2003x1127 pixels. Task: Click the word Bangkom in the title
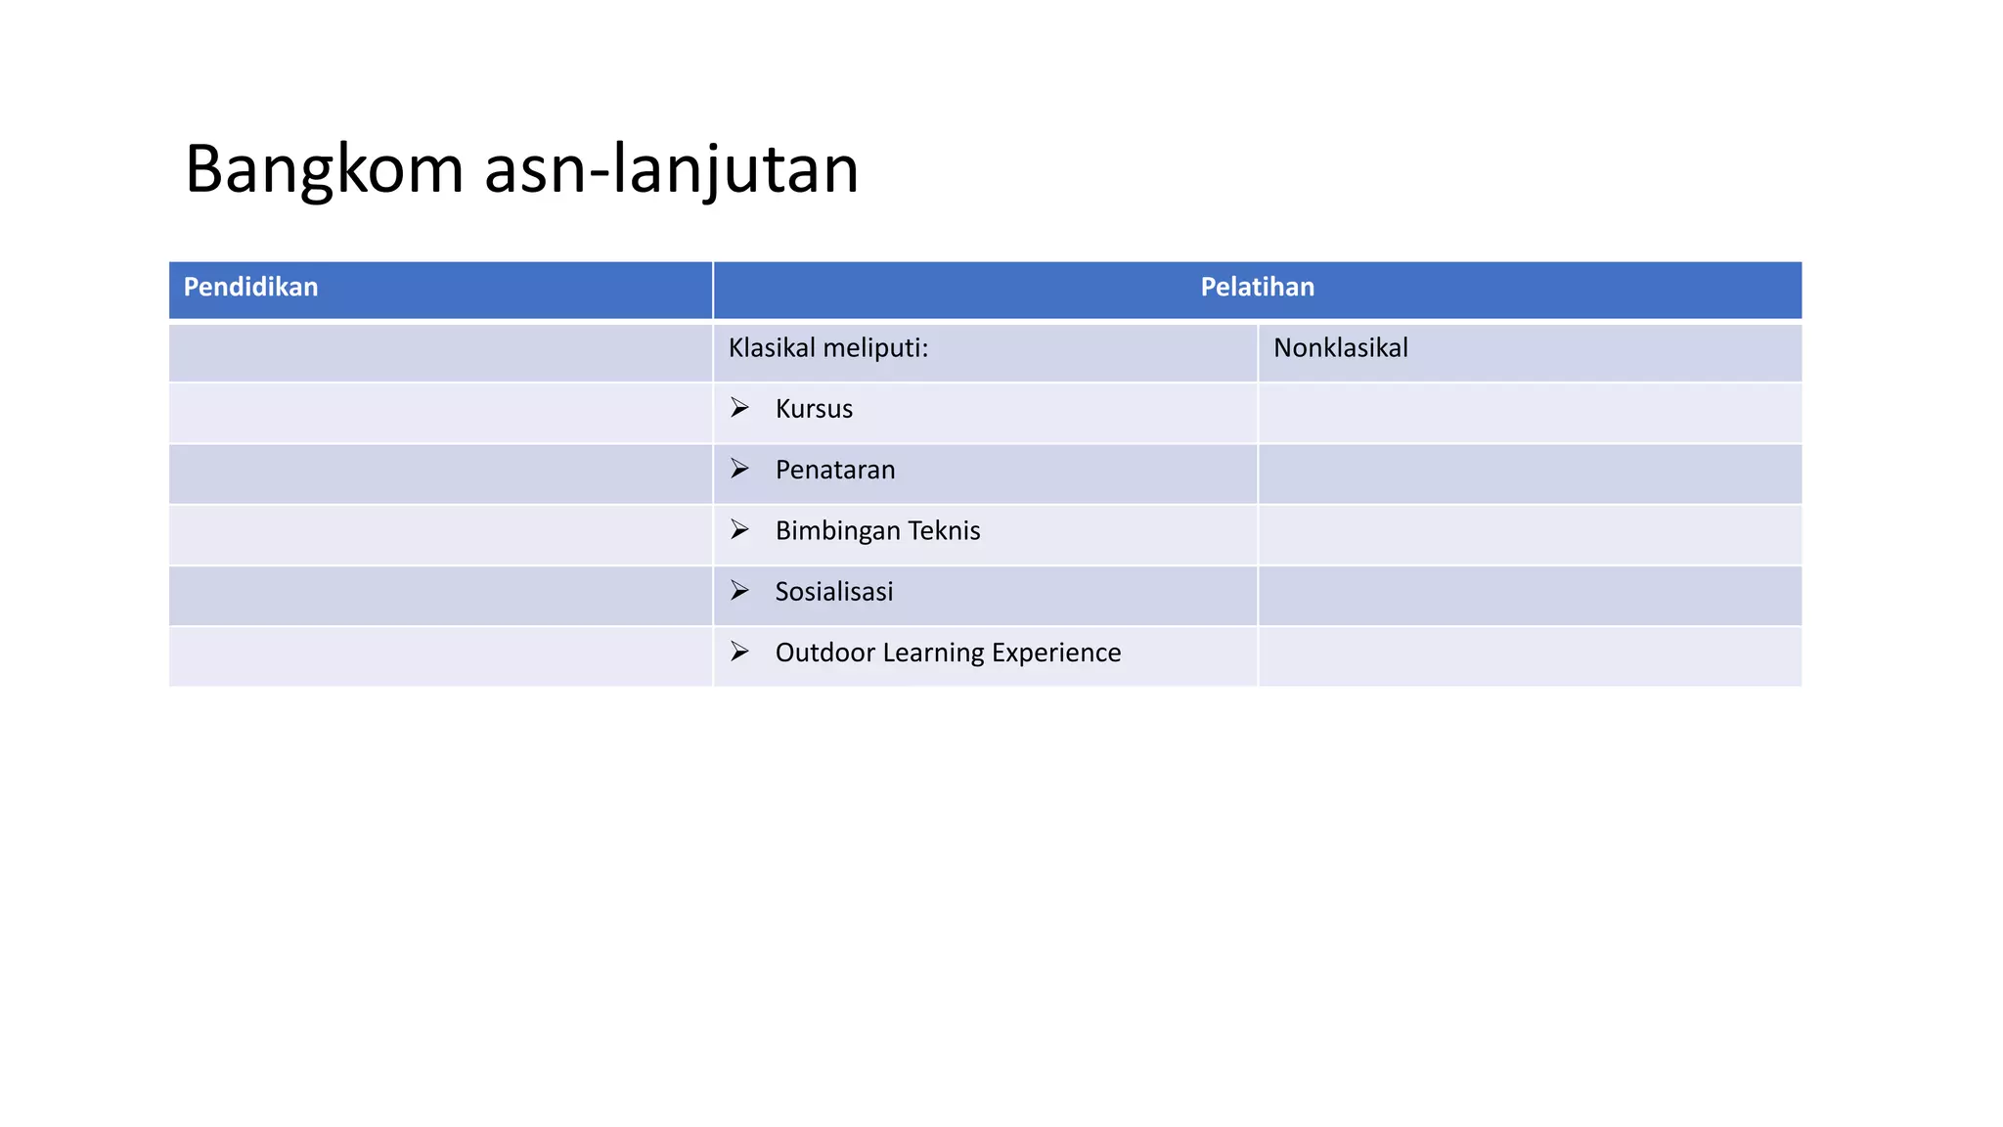pyautogui.click(x=324, y=170)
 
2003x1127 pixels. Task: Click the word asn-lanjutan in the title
pyautogui.click(x=671, y=170)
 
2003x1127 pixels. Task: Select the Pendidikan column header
pyautogui.click(x=250, y=288)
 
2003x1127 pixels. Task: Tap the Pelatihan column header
pyautogui.click(x=1257, y=288)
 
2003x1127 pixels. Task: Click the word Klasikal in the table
pyautogui.click(x=772, y=348)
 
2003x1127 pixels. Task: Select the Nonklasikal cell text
pyautogui.click(x=1340, y=348)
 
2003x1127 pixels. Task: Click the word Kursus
pyautogui.click(x=814, y=409)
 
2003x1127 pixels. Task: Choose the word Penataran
pyautogui.click(x=835, y=471)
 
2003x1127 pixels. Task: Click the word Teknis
pyautogui.click(x=944, y=531)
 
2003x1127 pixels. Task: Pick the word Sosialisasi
pyautogui.click(x=834, y=592)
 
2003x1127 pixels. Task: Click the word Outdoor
pyautogui.click(x=824, y=653)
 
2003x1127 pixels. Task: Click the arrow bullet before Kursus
pyautogui.click(x=739, y=407)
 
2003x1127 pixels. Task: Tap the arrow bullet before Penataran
pyautogui.click(x=739, y=469)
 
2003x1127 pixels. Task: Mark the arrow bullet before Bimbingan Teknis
pyautogui.click(x=739, y=529)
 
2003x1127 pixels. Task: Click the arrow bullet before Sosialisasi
pyautogui.click(x=739, y=590)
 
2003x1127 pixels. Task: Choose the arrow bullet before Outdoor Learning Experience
pyautogui.click(x=739, y=651)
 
